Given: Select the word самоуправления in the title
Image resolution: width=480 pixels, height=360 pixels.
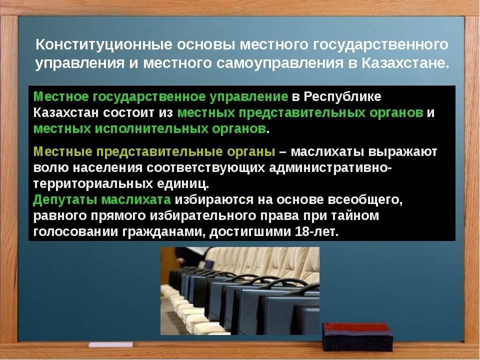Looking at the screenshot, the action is click(279, 63).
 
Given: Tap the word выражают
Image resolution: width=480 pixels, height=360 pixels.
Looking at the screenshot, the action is click(402, 152).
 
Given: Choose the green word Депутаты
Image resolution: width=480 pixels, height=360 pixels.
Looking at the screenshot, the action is click(65, 200).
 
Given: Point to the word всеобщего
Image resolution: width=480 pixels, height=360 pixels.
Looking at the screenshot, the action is click(365, 200).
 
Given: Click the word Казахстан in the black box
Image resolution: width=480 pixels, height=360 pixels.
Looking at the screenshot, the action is click(66, 113).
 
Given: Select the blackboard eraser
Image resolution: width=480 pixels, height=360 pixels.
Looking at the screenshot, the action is click(357, 336).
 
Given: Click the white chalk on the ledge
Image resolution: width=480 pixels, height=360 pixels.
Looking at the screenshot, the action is click(111, 344).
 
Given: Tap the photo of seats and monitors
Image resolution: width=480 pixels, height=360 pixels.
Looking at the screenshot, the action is click(240, 291).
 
